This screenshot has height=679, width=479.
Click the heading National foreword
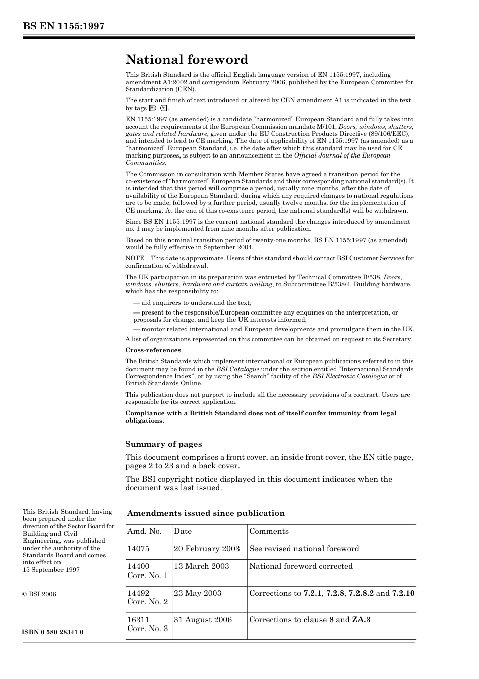[187, 60]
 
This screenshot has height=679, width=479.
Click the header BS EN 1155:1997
[64, 26]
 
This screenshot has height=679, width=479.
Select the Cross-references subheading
[153, 350]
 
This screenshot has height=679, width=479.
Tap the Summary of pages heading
[163, 444]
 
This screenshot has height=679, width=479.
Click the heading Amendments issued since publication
[206, 513]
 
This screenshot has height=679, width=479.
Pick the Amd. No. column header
[145, 531]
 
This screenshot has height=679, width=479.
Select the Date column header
[183, 531]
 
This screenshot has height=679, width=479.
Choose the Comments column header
[269, 531]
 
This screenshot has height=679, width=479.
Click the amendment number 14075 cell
[138, 549]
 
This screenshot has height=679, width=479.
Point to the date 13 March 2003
[201, 566]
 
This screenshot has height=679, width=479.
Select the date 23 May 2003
[198, 593]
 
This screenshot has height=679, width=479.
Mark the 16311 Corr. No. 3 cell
[147, 624]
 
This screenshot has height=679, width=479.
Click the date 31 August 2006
[203, 620]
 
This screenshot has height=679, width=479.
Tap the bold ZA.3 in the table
[361, 620]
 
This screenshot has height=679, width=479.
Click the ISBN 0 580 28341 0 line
[53, 632]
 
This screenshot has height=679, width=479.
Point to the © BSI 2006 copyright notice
[39, 594]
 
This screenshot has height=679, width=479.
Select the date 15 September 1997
[51, 570]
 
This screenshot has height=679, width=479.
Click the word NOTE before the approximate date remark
[135, 258]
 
